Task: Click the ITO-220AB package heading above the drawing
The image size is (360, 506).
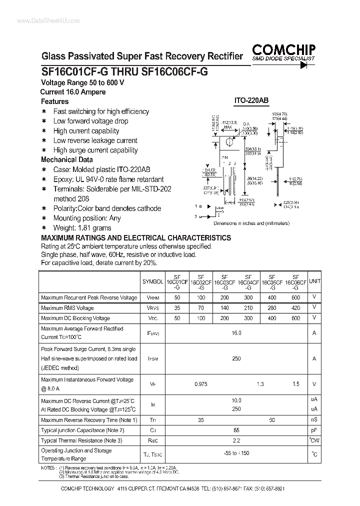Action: (x=251, y=100)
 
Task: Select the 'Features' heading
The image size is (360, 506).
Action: (x=54, y=101)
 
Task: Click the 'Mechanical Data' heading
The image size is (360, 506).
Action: (x=66, y=159)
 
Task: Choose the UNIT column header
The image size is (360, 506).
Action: (x=314, y=281)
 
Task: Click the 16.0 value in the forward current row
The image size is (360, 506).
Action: (x=236, y=332)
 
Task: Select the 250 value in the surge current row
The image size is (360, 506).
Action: (x=236, y=358)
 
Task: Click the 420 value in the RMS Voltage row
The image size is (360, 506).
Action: (x=295, y=308)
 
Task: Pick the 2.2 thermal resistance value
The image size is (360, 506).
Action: (x=236, y=440)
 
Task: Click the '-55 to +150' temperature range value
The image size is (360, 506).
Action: (x=236, y=453)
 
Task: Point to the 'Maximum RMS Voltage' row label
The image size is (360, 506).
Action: (x=67, y=308)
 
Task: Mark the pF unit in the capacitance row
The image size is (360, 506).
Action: (x=314, y=430)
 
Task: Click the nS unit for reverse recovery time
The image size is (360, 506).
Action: (x=314, y=419)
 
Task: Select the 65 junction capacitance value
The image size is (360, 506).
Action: (x=236, y=430)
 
